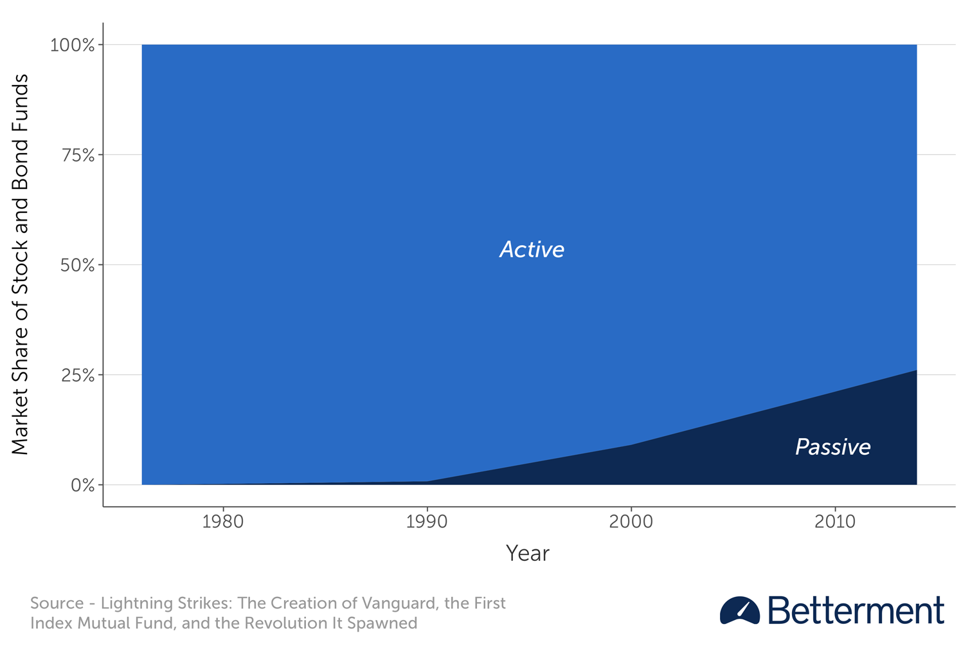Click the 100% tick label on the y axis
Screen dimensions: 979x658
72,45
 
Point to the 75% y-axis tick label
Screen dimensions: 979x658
78,155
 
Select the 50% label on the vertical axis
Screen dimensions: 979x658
77,265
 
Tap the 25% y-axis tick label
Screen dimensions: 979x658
78,375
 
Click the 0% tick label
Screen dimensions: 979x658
83,486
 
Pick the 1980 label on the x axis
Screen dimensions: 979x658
223,522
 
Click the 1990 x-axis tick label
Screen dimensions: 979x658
427,522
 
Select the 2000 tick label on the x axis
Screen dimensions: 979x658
631,522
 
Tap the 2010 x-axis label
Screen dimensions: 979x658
835,522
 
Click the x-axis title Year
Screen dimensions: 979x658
528,554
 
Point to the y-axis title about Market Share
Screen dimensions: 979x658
20,264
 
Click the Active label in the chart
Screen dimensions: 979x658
532,250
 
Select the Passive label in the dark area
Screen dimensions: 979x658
833,447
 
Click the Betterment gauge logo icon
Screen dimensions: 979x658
739,610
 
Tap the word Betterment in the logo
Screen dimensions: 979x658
856,610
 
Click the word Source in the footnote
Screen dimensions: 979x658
57,603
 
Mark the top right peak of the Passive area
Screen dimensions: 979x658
917,370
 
